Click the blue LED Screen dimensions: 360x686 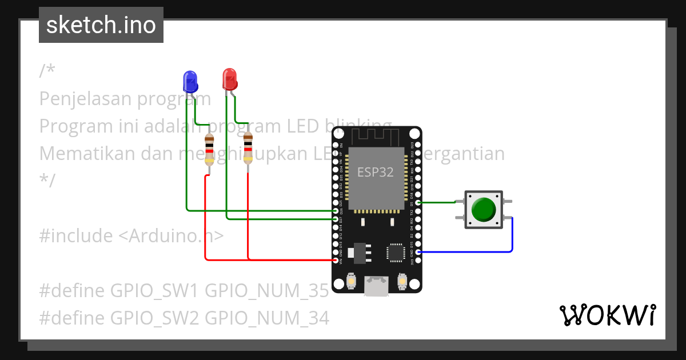tap(190, 82)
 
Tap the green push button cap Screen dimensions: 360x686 tap(483, 210)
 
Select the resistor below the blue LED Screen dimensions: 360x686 tap(209, 150)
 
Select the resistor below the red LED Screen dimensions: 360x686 tap(248, 149)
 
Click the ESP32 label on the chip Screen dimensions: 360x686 tap(376, 171)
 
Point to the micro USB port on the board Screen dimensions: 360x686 tap(377, 286)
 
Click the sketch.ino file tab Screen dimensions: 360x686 tap(101, 25)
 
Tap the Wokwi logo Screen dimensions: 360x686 tap(607, 315)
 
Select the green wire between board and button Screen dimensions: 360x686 tap(437, 202)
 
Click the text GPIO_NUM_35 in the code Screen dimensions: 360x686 tap(266, 291)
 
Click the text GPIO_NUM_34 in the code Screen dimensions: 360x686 tap(266, 318)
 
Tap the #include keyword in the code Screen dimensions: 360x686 tap(76, 235)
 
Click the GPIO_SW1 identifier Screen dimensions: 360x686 tap(153, 291)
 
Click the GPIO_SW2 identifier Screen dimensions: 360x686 tap(154, 318)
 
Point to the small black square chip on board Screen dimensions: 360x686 tap(396, 253)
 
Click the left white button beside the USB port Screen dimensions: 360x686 tap(352, 281)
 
